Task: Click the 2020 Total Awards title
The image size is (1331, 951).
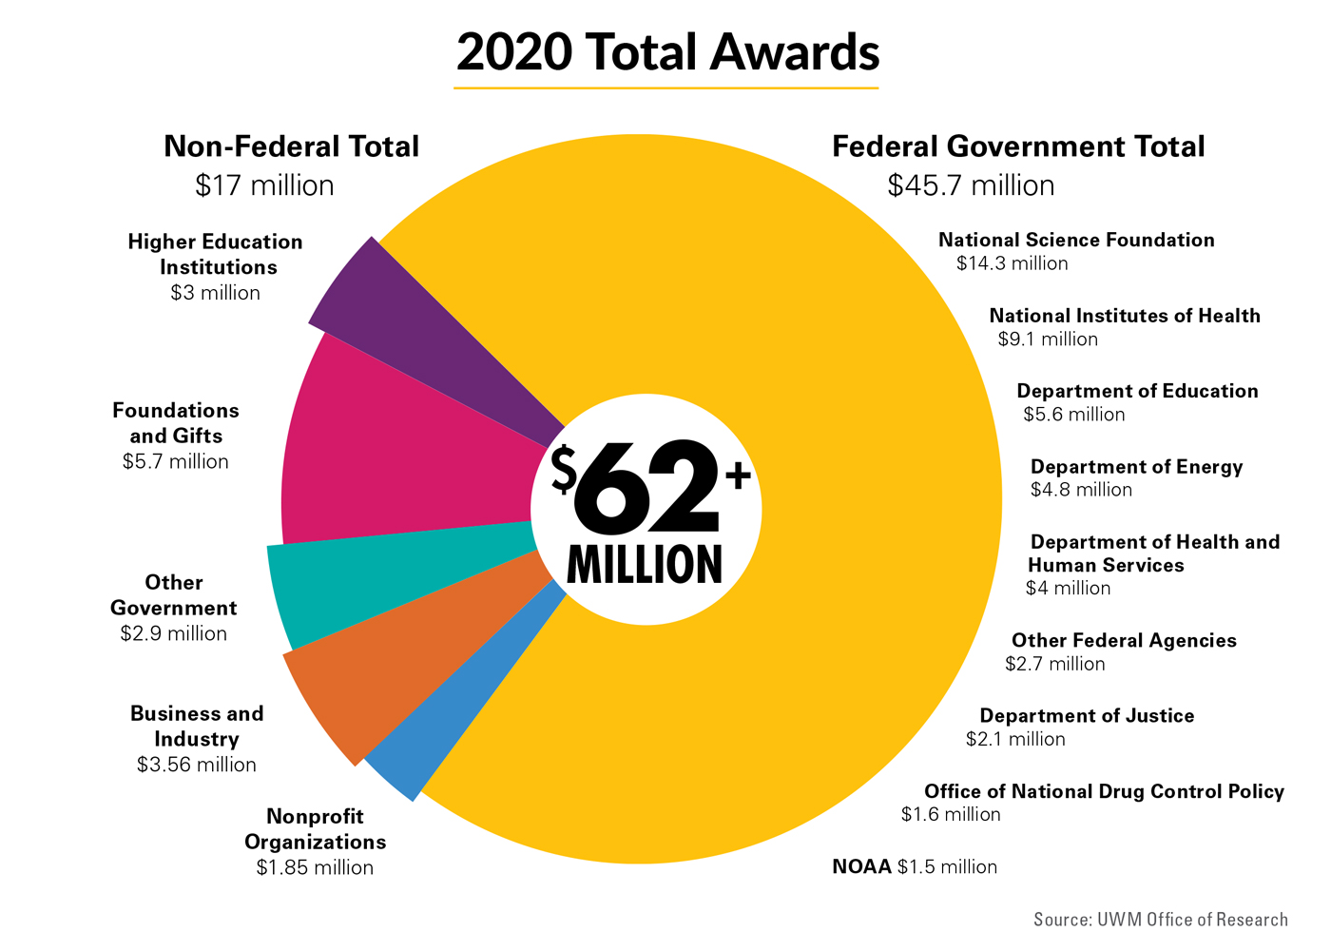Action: tap(667, 52)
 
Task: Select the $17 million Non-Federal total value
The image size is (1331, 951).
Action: tap(264, 184)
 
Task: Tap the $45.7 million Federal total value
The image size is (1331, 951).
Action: tap(971, 184)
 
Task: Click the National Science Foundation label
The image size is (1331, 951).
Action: tap(1076, 240)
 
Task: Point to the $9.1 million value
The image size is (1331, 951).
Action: tap(1048, 340)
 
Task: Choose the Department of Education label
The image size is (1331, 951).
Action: tap(1137, 391)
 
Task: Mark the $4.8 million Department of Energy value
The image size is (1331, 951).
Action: tap(1081, 490)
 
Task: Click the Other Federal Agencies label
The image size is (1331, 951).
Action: tap(1124, 640)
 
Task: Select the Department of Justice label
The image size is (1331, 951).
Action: tap(1087, 715)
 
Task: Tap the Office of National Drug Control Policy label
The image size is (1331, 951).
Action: tap(1104, 791)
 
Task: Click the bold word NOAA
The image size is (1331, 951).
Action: tap(861, 866)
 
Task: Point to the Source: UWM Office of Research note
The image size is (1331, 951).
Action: tap(1161, 919)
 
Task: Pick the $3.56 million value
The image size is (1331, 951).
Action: tap(197, 765)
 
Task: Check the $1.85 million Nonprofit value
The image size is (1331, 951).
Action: tap(315, 867)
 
